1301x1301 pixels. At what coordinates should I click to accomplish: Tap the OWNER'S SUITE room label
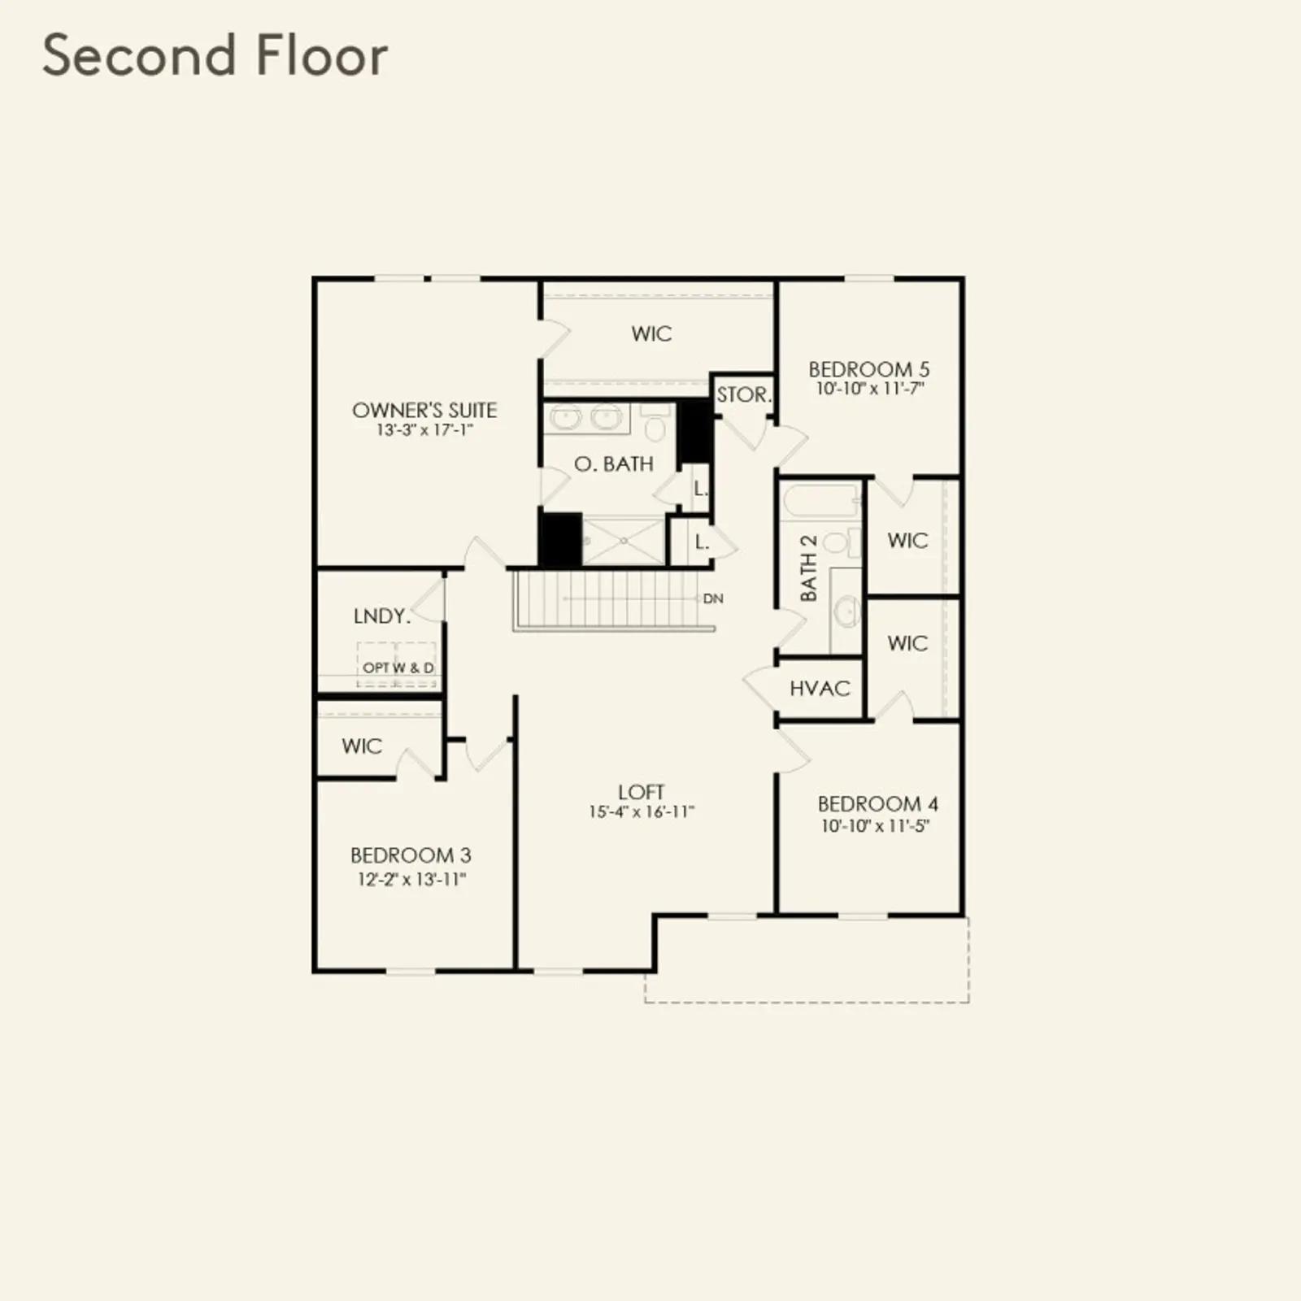[424, 410]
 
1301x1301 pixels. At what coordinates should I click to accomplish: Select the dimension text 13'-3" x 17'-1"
[424, 430]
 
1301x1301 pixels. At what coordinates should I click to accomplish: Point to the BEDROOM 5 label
[868, 369]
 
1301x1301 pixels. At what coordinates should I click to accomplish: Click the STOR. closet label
[743, 395]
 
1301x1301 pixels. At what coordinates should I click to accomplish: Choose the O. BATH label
[614, 463]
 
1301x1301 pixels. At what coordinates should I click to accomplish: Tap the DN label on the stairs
[713, 598]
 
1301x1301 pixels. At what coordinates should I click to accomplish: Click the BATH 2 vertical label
[808, 568]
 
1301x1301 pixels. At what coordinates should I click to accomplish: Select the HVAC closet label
[820, 689]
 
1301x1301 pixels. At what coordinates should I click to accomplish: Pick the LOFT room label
[642, 792]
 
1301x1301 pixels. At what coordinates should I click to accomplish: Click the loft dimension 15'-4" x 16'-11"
[642, 811]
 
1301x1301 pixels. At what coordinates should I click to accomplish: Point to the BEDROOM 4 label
[877, 804]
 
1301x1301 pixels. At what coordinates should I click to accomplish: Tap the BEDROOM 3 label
[411, 855]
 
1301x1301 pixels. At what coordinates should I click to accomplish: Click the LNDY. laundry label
[382, 616]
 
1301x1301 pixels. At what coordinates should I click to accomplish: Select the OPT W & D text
[398, 668]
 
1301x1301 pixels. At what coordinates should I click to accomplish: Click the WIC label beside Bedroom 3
[362, 746]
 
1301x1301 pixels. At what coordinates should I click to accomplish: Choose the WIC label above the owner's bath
[651, 333]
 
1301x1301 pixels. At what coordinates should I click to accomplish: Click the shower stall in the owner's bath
[624, 540]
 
